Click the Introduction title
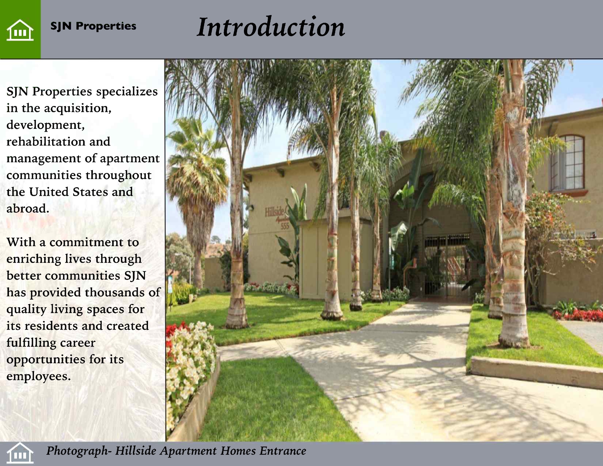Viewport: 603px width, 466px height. (x=271, y=27)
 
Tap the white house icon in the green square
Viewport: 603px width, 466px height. (x=20, y=30)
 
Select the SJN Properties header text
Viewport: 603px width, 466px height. (x=93, y=26)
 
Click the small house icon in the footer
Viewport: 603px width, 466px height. (x=20, y=453)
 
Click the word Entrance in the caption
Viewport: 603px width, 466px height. (x=283, y=451)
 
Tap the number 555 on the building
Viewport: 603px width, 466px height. (x=285, y=226)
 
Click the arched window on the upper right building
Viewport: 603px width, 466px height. (x=567, y=163)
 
